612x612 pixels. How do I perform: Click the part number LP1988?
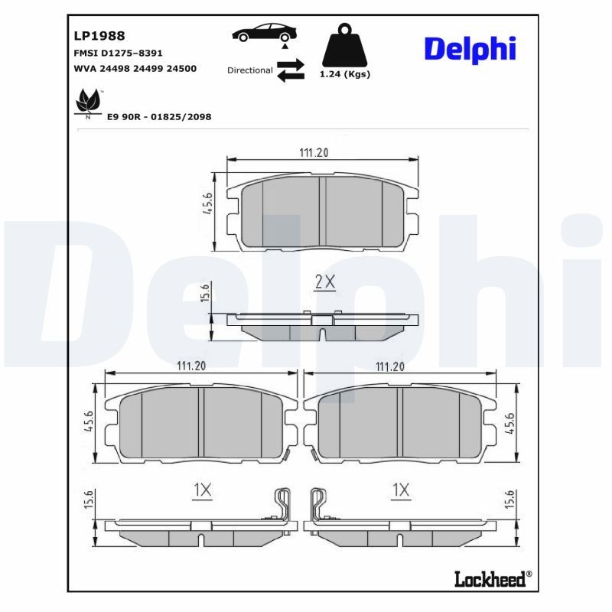(99, 35)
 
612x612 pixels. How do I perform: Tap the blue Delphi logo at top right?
(470, 49)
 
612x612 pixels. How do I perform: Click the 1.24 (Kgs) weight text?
(344, 74)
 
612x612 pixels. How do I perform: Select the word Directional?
(249, 70)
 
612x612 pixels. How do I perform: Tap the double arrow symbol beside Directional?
(290, 70)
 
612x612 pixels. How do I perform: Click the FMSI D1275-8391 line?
(117, 53)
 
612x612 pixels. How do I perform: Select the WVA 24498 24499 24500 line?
(135, 68)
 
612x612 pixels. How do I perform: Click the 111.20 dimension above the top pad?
(314, 153)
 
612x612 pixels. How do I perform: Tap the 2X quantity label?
(325, 282)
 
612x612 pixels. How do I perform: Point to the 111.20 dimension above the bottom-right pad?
(389, 366)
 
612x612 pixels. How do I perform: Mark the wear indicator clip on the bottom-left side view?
(282, 504)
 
